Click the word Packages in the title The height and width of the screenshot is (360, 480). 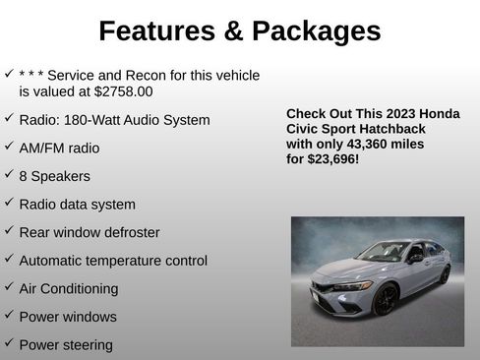(315, 31)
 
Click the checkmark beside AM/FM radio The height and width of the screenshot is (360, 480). (8, 147)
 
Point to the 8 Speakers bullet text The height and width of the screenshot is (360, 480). (54, 176)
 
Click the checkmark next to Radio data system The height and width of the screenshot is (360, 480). (8, 203)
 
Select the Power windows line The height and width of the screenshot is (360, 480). (67, 317)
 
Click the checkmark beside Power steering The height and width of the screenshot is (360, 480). (8, 343)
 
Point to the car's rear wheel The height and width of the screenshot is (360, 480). (445, 274)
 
